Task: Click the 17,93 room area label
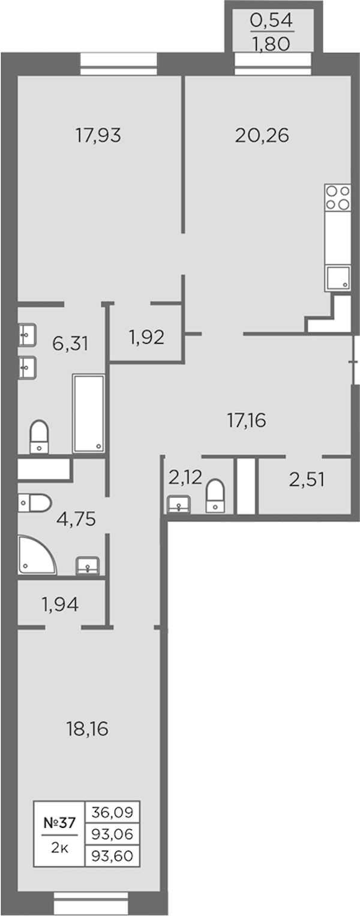(98, 136)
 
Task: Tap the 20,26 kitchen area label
(262, 136)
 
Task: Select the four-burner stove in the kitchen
(338, 197)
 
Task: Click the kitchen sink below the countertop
(338, 278)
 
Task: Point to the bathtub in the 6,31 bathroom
(89, 413)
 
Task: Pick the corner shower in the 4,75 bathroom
(37, 555)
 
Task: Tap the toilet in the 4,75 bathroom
(34, 503)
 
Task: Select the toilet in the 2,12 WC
(215, 495)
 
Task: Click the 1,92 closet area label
(146, 338)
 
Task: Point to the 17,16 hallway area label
(247, 421)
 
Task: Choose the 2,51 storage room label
(307, 479)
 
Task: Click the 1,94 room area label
(60, 605)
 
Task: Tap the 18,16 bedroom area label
(87, 729)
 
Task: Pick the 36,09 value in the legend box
(112, 812)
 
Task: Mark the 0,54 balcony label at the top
(272, 20)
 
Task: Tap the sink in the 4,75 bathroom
(88, 565)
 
